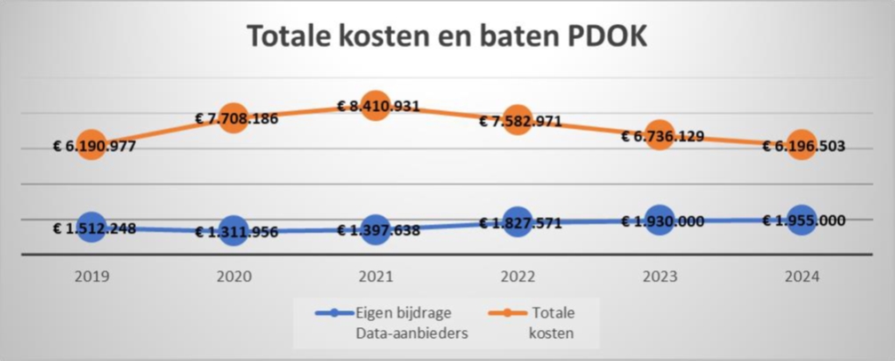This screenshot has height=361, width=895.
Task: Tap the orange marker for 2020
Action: (233, 118)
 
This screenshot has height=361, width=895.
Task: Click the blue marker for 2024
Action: (801, 220)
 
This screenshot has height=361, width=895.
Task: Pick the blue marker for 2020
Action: (233, 231)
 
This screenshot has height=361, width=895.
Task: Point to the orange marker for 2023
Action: (659, 135)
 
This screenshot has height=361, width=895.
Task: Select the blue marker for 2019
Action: (92, 228)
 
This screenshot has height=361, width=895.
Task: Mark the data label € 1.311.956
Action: (233, 232)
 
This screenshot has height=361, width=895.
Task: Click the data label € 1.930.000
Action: (659, 221)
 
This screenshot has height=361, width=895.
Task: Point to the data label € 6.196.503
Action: (803, 146)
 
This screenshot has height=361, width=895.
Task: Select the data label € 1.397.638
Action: (375, 230)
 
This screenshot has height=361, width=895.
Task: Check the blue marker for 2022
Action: (517, 224)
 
